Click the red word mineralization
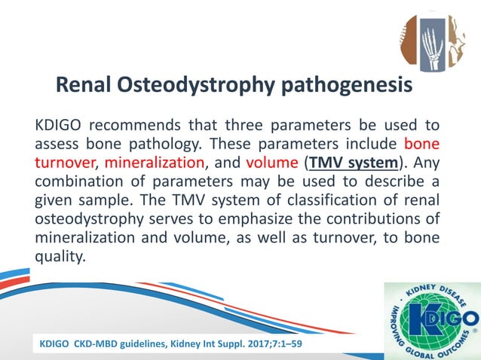(x=155, y=161)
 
